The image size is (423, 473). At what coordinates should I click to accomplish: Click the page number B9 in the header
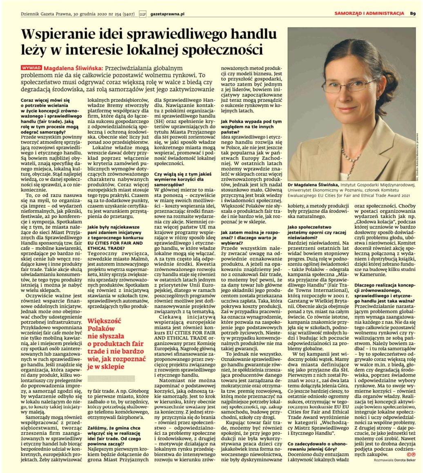click(x=413, y=13)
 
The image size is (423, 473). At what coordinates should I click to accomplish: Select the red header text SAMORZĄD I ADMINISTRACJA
click(x=369, y=13)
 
